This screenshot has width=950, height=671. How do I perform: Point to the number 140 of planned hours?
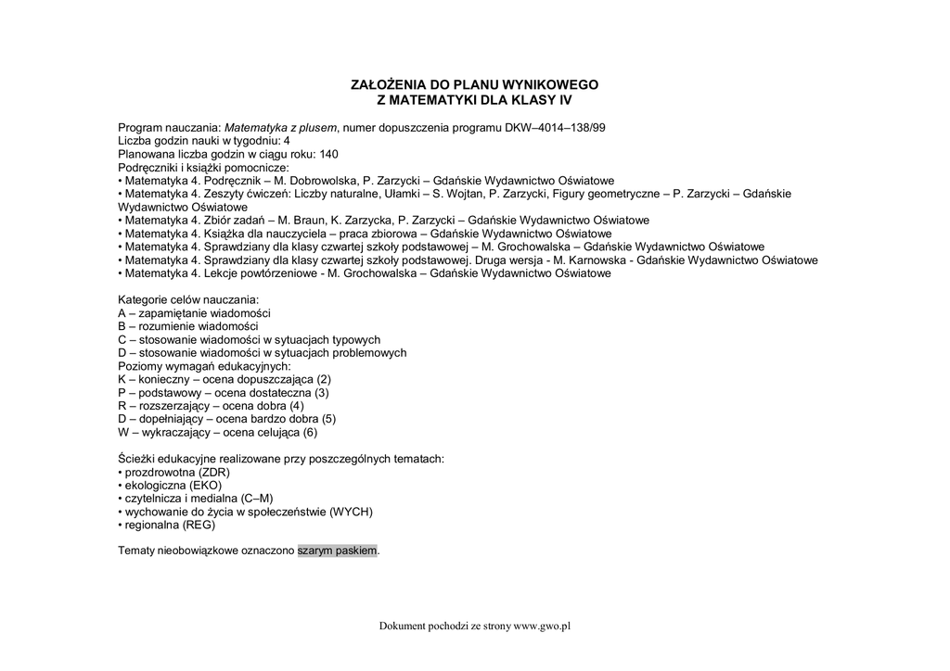tap(327, 154)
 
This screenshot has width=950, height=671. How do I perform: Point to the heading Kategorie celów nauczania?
tap(188, 300)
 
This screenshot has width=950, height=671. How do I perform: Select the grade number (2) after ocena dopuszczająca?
tap(324, 379)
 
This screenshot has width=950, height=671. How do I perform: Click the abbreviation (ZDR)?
tap(214, 472)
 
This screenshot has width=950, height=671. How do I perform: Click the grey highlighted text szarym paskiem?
tap(338, 551)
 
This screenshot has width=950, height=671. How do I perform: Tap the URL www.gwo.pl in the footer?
tap(542, 626)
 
